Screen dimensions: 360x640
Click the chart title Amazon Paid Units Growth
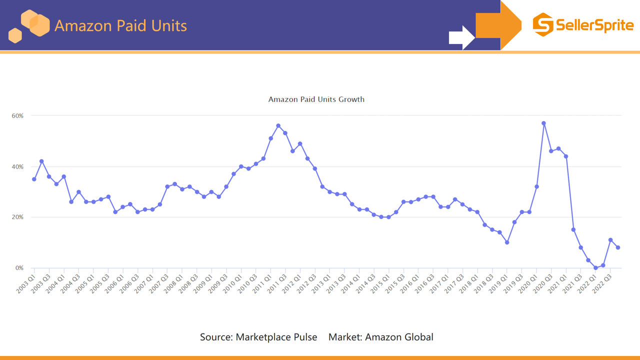tap(316, 99)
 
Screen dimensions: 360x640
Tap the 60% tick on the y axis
tap(17, 115)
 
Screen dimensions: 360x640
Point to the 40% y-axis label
tap(17, 166)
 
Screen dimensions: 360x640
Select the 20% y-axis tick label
tap(17, 217)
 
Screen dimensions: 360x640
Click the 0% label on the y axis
tap(19, 268)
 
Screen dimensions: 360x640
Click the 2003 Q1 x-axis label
tap(25, 283)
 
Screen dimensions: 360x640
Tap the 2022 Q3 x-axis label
tap(602, 283)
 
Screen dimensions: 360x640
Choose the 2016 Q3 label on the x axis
tap(424, 283)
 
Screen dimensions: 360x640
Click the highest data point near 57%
tap(543, 123)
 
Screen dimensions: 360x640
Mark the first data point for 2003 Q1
tap(34, 179)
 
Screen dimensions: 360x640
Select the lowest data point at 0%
tap(595, 268)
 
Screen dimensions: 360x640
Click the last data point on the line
tap(618, 247)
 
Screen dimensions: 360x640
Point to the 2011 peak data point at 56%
tap(278, 125)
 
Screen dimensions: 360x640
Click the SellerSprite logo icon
tap(542, 24)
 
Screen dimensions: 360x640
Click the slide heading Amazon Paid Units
tap(120, 25)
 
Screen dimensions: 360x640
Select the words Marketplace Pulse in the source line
tap(276, 337)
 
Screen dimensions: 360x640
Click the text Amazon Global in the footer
tap(399, 337)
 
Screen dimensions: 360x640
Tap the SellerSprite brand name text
tap(594, 25)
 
